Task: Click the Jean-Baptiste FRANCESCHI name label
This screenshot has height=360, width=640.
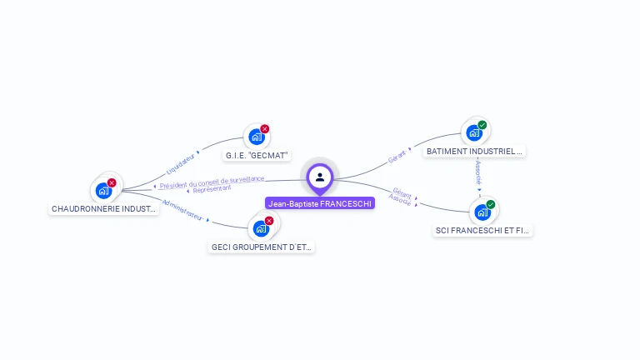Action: (320, 202)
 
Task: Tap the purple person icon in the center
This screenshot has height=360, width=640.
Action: (320, 177)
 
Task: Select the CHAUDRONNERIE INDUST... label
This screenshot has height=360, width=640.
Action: (104, 209)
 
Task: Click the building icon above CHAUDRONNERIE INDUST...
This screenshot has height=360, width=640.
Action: (104, 190)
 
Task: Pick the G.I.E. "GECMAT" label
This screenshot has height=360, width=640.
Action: (257, 155)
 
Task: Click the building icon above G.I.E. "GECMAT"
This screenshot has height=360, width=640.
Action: (257, 137)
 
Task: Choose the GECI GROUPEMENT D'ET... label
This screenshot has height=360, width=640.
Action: (262, 247)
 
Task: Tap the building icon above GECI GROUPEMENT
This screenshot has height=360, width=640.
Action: (261, 228)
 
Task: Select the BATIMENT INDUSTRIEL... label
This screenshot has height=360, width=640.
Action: (474, 152)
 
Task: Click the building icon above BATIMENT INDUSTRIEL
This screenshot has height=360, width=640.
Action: (474, 132)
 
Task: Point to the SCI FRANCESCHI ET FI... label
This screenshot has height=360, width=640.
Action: (482, 230)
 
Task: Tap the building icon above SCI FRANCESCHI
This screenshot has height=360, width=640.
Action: (482, 212)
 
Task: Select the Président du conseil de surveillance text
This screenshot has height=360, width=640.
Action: (212, 182)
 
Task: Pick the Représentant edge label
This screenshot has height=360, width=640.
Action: (212, 188)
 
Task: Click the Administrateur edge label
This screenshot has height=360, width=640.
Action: (182, 209)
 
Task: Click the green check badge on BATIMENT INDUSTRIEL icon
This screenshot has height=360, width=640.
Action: (482, 125)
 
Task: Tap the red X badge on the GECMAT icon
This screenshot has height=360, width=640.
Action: (265, 129)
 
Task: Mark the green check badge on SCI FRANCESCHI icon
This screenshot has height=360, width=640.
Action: (491, 204)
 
